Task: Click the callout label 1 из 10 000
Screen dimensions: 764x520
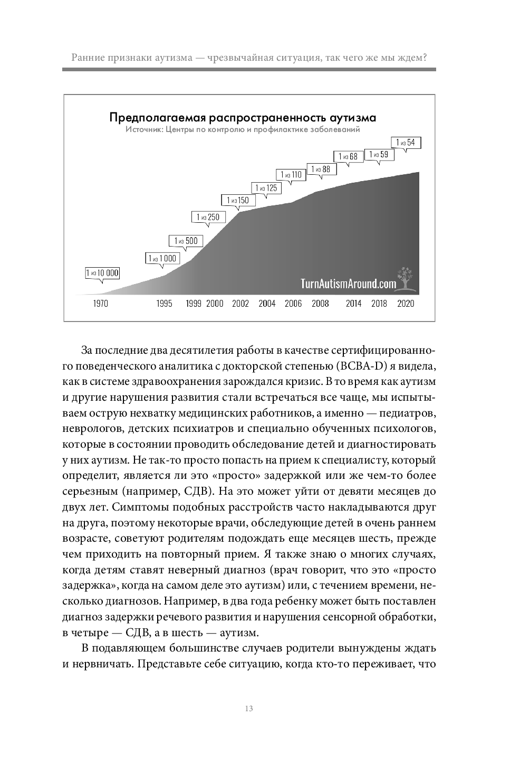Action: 102,273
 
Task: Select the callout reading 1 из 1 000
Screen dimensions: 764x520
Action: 162,258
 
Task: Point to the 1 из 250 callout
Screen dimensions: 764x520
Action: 208,217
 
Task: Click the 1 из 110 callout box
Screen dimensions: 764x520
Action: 291,175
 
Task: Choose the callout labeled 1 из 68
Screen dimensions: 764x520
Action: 348,156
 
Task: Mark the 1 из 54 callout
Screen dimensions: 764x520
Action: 406,143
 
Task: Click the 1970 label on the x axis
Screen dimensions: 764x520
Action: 100,304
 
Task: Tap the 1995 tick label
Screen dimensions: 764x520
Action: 164,304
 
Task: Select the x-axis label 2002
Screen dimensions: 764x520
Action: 240,304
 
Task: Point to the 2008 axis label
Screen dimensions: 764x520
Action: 320,304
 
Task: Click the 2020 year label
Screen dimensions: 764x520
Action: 406,304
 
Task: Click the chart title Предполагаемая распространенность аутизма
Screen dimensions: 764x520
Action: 243,117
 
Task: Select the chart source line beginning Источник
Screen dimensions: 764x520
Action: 243,129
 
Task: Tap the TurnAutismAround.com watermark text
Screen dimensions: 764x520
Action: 348,284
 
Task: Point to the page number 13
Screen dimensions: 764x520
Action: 249,709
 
